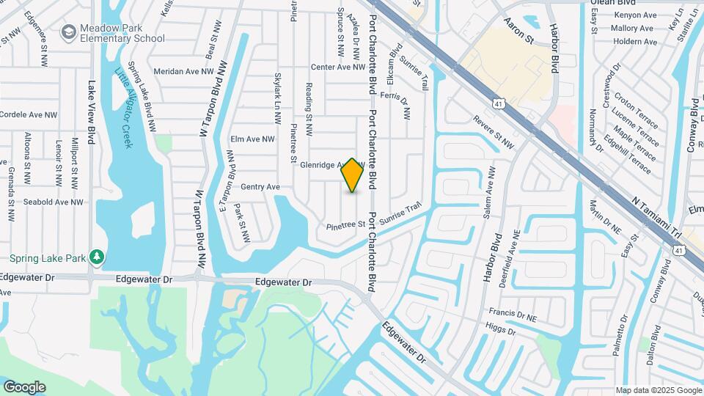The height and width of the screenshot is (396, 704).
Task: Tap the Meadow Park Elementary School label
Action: [122, 33]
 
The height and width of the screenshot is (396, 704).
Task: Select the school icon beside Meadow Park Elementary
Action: [69, 32]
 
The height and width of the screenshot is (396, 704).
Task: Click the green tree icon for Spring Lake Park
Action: [96, 257]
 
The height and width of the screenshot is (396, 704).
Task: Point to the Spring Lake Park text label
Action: [48, 258]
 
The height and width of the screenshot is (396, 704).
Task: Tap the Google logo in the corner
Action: [24, 386]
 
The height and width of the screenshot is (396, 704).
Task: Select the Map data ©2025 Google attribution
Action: [658, 390]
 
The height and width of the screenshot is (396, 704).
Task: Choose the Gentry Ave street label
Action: [260, 187]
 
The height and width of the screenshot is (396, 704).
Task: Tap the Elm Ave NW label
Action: [252, 139]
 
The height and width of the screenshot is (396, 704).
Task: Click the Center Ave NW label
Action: [338, 67]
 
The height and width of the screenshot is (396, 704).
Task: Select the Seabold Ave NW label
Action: [51, 202]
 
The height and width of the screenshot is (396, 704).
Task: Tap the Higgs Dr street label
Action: [502, 331]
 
